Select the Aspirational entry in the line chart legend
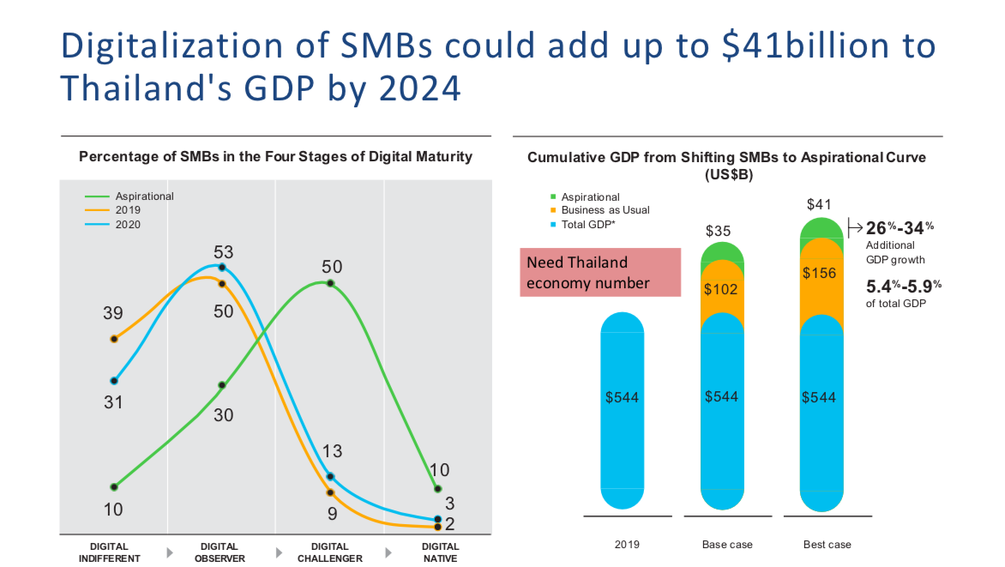144,196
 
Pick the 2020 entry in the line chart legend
128,225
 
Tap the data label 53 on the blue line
223,252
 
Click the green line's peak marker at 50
330,284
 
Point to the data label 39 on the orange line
113,313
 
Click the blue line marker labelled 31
113,381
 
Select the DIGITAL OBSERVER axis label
220,552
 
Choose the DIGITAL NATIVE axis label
440,552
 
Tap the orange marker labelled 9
330,492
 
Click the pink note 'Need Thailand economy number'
600,272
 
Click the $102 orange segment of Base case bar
720,290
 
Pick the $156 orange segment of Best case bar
819,274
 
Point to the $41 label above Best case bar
819,205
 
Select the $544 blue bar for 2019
622,398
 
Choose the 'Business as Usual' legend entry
605,210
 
